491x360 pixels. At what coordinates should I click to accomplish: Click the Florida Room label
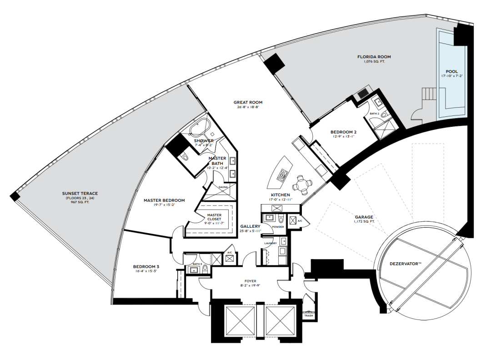[374, 57]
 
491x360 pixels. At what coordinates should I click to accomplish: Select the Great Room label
[248, 102]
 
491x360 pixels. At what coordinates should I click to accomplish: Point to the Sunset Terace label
[80, 194]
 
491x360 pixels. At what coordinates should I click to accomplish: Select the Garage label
[364, 217]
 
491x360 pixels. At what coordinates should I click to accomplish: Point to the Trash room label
[308, 315]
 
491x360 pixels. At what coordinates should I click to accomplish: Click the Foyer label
[250, 281]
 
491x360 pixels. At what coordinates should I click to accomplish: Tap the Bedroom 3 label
[146, 267]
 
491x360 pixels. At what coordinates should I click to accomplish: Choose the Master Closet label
[214, 217]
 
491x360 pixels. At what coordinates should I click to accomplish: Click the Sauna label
[223, 187]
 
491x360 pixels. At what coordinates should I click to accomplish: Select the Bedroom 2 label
[344, 132]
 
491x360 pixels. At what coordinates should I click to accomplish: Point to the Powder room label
[278, 227]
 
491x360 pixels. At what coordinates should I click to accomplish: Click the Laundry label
[270, 243]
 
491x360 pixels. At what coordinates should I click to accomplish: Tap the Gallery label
[250, 226]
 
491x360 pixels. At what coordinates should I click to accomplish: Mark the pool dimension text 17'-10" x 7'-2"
[451, 76]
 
